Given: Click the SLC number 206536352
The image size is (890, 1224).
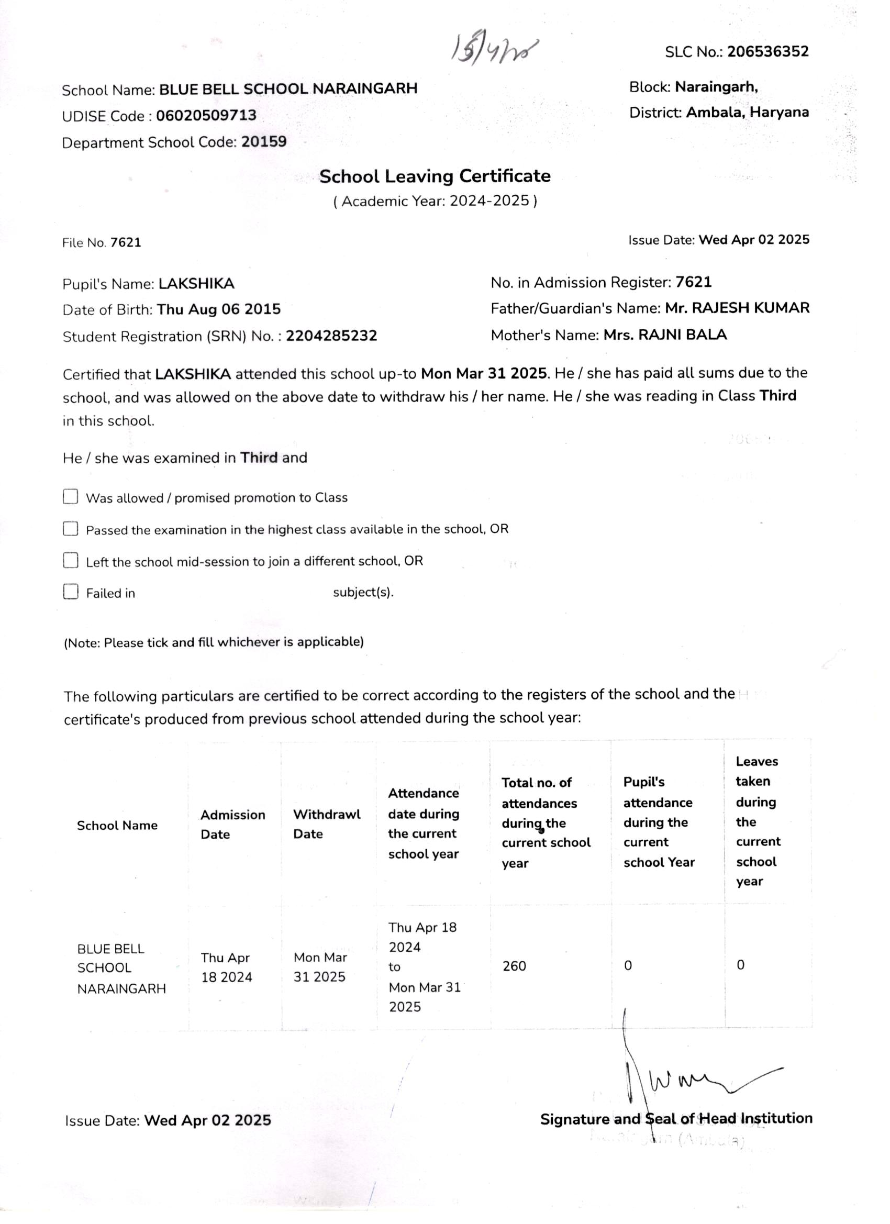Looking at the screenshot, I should (x=767, y=52).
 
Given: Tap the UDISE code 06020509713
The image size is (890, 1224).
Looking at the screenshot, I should (x=206, y=116).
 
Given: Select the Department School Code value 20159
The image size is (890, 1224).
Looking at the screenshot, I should (x=263, y=142).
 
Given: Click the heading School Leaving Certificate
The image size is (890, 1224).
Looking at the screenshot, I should (x=435, y=176).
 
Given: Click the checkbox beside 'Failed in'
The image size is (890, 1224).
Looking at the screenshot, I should (x=71, y=592).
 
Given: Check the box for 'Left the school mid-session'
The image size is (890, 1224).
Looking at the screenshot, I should (x=71, y=560).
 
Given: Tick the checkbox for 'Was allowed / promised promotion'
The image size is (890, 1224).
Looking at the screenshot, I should (x=71, y=496).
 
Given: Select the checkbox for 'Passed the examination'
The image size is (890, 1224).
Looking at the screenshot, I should (x=71, y=528).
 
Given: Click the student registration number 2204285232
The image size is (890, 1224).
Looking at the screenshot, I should (x=331, y=336).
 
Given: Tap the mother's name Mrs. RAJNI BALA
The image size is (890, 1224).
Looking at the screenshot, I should (x=665, y=335).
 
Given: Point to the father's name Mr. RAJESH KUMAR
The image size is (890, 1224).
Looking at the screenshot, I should (x=737, y=308).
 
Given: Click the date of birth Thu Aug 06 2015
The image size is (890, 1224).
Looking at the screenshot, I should (x=219, y=309).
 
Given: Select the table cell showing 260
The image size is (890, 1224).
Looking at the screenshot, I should (x=514, y=965).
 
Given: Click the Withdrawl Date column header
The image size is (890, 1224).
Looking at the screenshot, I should (x=327, y=824).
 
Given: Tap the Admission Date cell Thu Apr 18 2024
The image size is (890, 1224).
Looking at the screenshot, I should (x=226, y=967).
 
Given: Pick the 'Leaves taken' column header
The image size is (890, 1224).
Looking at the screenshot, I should (x=757, y=821).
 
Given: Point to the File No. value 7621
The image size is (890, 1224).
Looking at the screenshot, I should (x=125, y=242).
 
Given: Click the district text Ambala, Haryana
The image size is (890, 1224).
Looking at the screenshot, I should (x=747, y=112).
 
